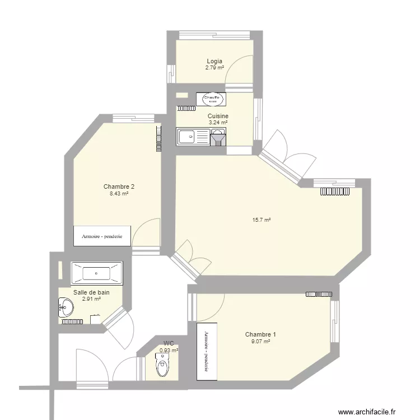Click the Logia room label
click(x=214, y=61)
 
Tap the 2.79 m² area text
click(x=214, y=68)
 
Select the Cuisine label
click(x=218, y=116)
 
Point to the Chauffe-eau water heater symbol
click(x=212, y=99)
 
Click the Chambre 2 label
click(x=119, y=187)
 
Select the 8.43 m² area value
click(x=119, y=194)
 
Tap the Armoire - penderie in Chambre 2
click(x=102, y=236)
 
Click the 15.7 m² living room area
click(x=262, y=221)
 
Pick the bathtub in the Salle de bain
click(x=96, y=273)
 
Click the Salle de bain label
click(x=91, y=292)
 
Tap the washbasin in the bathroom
click(x=66, y=306)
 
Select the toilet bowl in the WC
click(x=162, y=367)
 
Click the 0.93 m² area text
click(x=169, y=351)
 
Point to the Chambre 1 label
click(x=260, y=334)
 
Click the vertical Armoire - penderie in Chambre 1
click(x=206, y=351)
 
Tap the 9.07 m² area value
click(x=260, y=341)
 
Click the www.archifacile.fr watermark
click(x=371, y=410)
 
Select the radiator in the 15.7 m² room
click(x=335, y=192)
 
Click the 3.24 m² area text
click(x=218, y=123)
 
